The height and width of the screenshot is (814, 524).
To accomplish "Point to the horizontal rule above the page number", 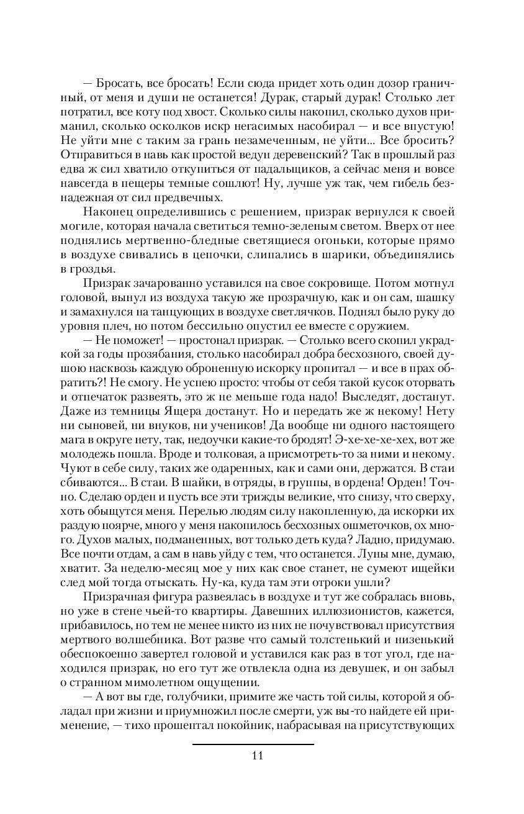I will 253,744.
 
